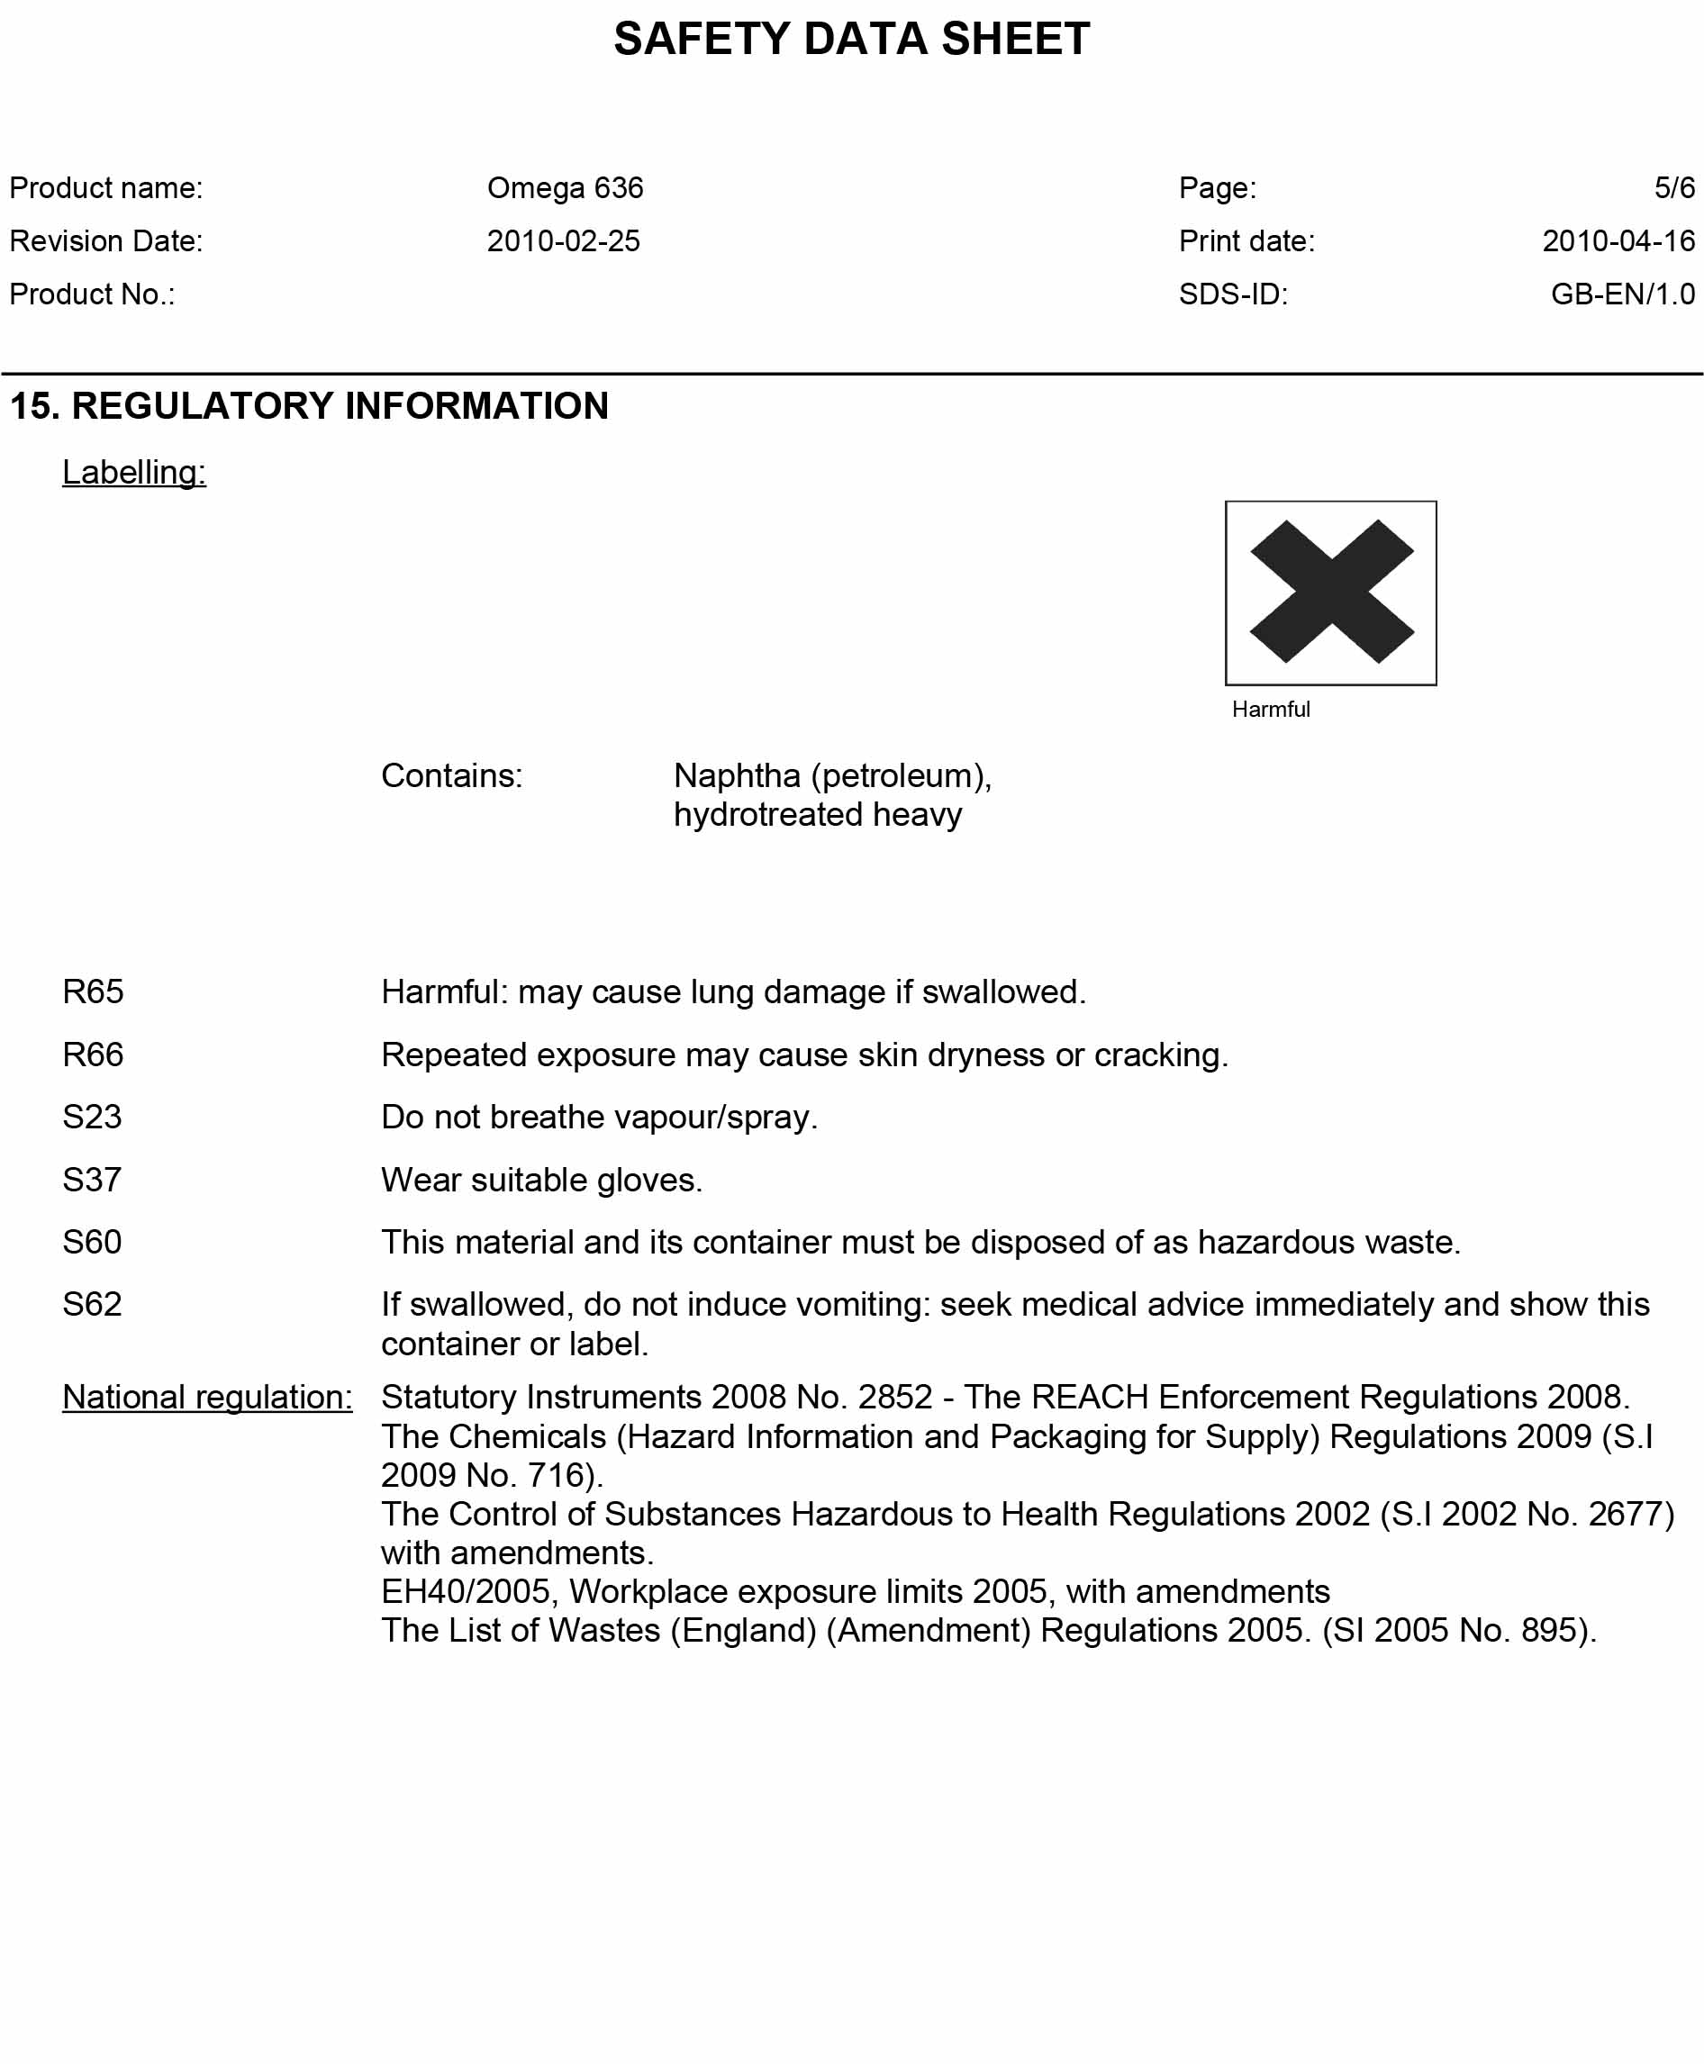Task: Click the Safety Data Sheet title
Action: (x=851, y=40)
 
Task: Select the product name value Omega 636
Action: (x=565, y=187)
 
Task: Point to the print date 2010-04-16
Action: (x=1618, y=240)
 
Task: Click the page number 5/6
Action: (x=1673, y=187)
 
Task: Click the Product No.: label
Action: (x=92, y=294)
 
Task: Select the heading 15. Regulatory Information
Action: (x=309, y=405)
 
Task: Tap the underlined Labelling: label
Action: (x=133, y=472)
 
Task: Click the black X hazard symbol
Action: (x=1330, y=592)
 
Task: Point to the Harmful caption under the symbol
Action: (x=1270, y=709)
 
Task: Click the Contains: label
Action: (x=451, y=775)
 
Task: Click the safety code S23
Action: (x=91, y=1116)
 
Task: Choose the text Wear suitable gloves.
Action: (x=541, y=1179)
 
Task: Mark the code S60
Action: (x=91, y=1242)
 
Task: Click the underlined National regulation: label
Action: (x=207, y=1397)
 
